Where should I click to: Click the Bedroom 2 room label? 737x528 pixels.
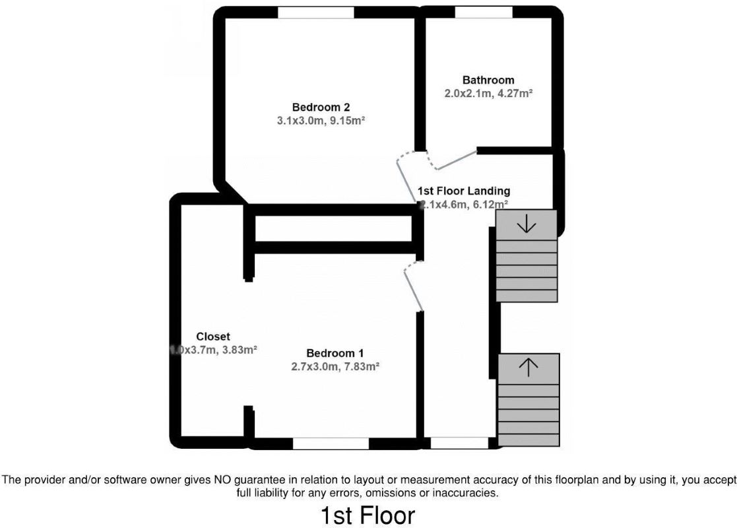(321, 107)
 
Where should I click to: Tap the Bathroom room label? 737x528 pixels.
(488, 80)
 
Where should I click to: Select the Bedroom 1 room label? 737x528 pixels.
(335, 353)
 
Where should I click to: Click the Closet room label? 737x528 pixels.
(213, 337)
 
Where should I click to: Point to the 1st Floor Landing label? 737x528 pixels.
(464, 191)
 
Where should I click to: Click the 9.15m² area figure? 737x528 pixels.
(347, 121)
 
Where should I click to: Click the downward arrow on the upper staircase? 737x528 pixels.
(527, 224)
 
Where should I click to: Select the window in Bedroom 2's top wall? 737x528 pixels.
(315, 13)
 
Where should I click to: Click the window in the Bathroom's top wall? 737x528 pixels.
(484, 13)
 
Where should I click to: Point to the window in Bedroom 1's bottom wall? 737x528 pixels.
(331, 444)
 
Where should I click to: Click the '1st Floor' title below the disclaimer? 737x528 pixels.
(368, 515)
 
